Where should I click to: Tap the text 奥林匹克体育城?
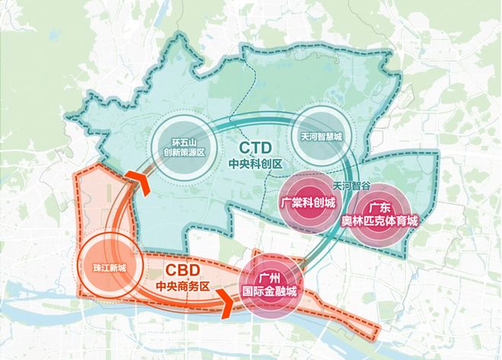point(381,221)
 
